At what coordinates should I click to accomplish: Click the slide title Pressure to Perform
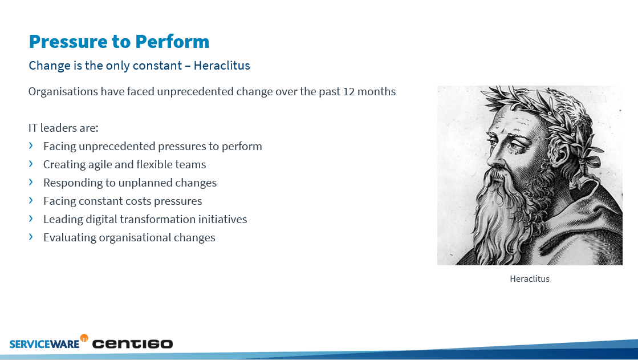click(x=119, y=42)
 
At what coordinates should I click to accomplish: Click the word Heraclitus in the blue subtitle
click(x=222, y=66)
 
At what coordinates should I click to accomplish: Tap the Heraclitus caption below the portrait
click(x=529, y=279)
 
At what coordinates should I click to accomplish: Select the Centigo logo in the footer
click(x=132, y=343)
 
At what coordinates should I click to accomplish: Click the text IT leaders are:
click(x=63, y=128)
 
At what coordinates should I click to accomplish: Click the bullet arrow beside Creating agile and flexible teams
click(x=31, y=164)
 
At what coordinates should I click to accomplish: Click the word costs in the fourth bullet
click(x=136, y=201)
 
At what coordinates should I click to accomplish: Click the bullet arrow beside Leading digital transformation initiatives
click(x=31, y=219)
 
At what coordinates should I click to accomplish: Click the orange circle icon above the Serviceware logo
click(x=84, y=338)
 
